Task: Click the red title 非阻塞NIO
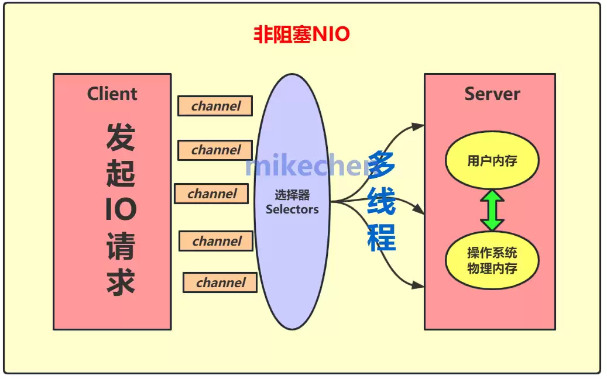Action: point(301,35)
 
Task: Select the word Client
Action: point(112,94)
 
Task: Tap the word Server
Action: point(492,94)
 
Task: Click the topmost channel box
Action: point(215,106)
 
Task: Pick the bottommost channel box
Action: point(220,282)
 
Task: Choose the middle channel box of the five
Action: point(212,194)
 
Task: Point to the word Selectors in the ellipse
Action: point(292,209)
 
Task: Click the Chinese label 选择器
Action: point(292,195)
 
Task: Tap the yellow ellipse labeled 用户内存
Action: point(492,161)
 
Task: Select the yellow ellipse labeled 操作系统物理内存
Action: point(492,261)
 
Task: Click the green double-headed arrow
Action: point(492,210)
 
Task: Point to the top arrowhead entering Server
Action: point(418,126)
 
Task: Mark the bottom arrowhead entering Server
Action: point(418,285)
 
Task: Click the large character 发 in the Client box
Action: point(121,136)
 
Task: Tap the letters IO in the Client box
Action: point(121,209)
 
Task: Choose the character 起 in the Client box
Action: point(121,173)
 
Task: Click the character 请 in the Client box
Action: point(121,246)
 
